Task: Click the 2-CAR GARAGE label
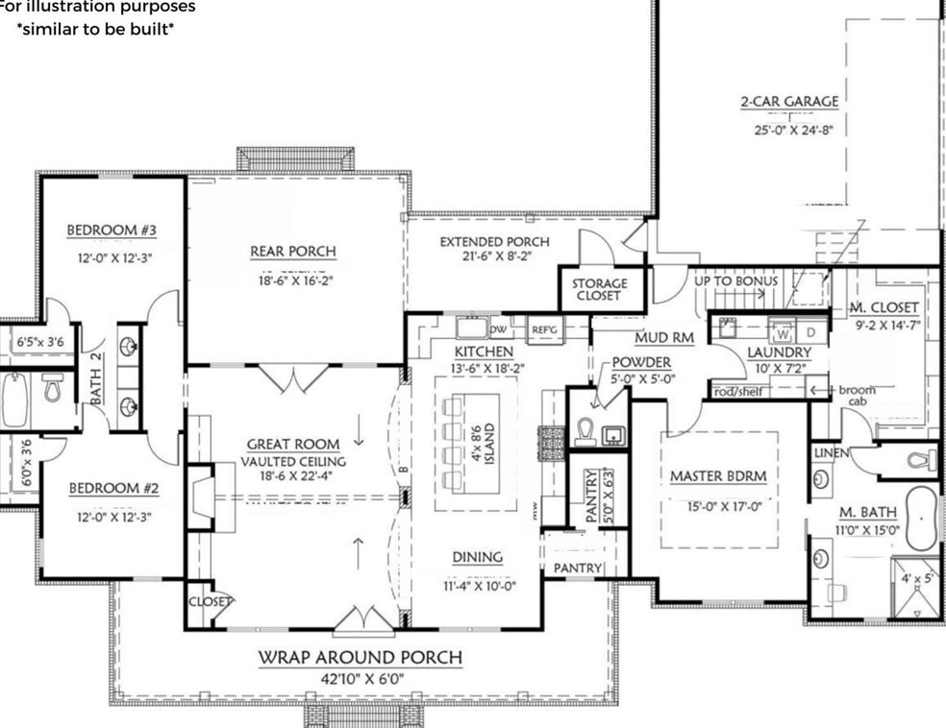point(788,102)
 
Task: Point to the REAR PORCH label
point(293,252)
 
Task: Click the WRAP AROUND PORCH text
point(360,658)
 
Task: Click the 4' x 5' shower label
point(916,579)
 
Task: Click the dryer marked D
point(809,333)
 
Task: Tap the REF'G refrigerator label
point(545,330)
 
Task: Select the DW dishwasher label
point(499,329)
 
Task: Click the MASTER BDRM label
point(717,476)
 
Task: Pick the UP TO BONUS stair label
point(736,280)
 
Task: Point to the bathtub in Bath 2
point(14,400)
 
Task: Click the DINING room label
point(479,557)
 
